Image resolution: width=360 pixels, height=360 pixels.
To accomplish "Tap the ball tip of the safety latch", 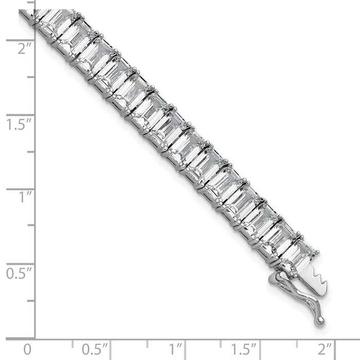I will (x=321, y=320).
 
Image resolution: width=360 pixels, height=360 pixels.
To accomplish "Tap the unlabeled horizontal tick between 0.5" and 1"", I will (x=148, y=342).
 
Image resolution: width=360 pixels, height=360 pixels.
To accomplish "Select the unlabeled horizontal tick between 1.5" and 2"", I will (x=297, y=342).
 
